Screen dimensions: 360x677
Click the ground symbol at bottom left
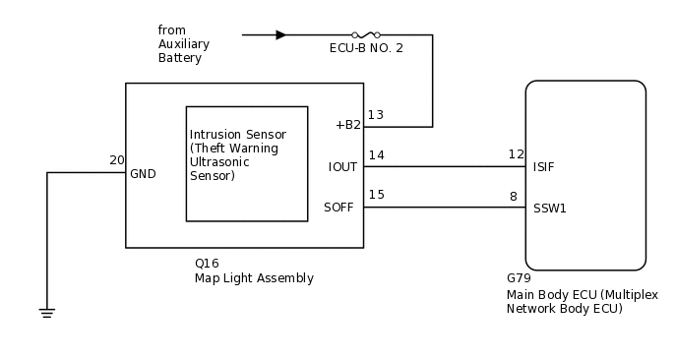[x=46, y=313]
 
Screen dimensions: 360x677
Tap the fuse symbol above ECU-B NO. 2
[x=366, y=34]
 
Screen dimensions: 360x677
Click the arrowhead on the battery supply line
[x=280, y=34]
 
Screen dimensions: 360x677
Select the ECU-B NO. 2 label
[x=366, y=48]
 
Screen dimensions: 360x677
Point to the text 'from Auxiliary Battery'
[x=184, y=44]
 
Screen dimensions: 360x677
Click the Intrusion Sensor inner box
[x=246, y=162]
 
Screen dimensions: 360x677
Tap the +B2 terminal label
[x=347, y=125]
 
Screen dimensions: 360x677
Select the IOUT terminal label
[x=342, y=167]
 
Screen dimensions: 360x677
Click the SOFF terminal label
[x=340, y=208]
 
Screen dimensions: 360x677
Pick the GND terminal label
[x=143, y=174]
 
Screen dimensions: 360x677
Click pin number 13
[x=376, y=115]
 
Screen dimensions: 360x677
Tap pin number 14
[x=376, y=154]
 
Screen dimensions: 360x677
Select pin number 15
[x=376, y=195]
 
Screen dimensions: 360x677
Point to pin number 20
[x=117, y=160]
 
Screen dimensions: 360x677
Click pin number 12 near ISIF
[x=516, y=154]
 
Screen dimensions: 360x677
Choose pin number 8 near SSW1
[x=513, y=197]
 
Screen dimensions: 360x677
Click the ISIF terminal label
[x=543, y=167]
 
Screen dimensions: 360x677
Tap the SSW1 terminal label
[x=549, y=209]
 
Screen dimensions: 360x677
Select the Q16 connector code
[x=207, y=264]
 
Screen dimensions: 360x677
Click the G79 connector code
[x=519, y=279]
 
